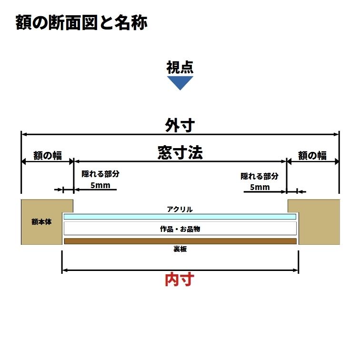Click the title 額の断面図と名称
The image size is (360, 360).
point(81,22)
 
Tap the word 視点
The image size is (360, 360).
point(180,68)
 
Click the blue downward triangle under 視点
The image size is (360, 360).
point(180,82)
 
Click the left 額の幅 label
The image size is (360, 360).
point(47,155)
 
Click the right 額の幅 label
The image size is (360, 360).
point(312,155)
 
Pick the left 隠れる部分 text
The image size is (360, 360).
point(100,174)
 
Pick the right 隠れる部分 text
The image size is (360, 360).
point(259,176)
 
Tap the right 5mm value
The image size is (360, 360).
point(259,187)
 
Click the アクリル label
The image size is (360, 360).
point(180,209)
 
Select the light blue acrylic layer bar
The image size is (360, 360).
point(180,217)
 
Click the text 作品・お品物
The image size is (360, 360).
point(180,229)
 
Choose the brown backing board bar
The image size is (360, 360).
point(180,241)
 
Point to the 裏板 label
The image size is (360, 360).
point(180,249)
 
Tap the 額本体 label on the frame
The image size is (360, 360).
point(41,222)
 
